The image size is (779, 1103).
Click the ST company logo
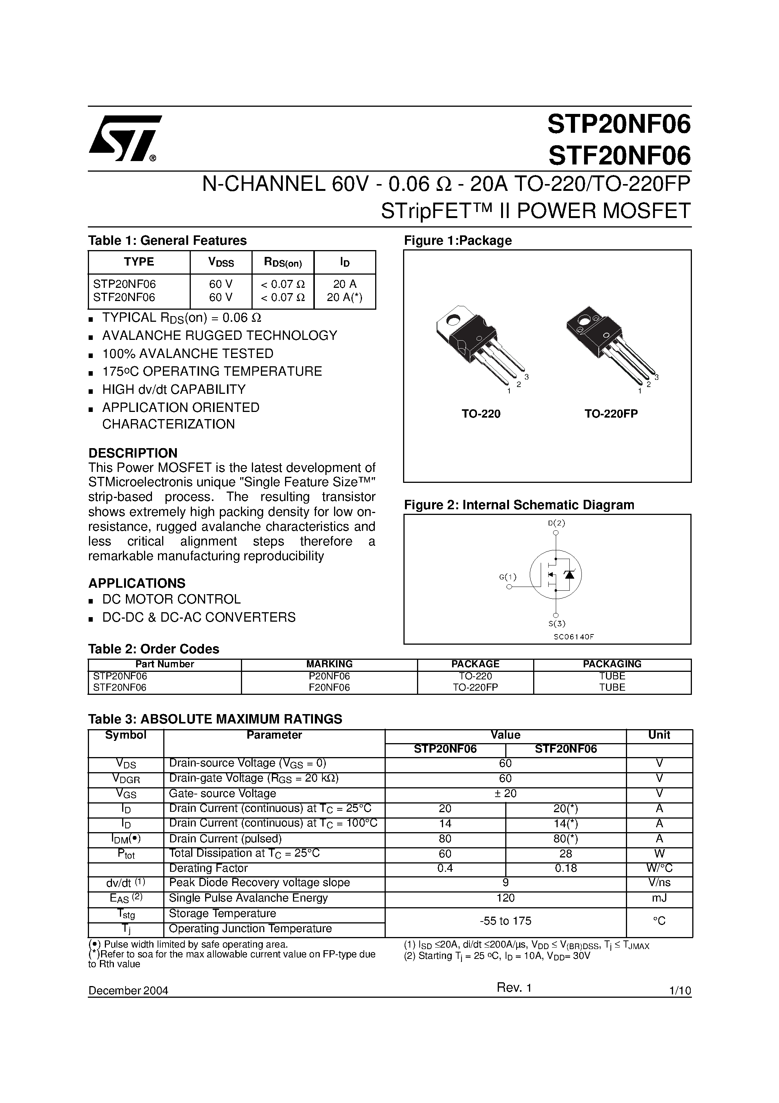click(x=124, y=139)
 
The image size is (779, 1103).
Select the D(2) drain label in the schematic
click(x=556, y=523)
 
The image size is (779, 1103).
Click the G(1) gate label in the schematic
click(x=508, y=576)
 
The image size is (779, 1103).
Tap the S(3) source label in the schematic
click(x=557, y=624)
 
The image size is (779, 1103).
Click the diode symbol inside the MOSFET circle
click(x=570, y=574)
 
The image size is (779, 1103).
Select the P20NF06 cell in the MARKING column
click(x=329, y=676)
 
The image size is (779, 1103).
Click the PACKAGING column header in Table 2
click(x=612, y=664)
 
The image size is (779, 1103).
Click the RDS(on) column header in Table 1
click(x=282, y=262)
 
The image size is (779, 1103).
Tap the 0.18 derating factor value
click(x=565, y=868)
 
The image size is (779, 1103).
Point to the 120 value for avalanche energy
click(x=505, y=898)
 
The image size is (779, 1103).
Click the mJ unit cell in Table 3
click(x=659, y=898)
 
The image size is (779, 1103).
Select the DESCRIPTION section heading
click(x=133, y=453)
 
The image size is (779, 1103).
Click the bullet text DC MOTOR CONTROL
click(x=172, y=599)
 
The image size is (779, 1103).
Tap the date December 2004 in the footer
click(x=128, y=991)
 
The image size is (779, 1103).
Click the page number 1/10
click(x=679, y=991)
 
